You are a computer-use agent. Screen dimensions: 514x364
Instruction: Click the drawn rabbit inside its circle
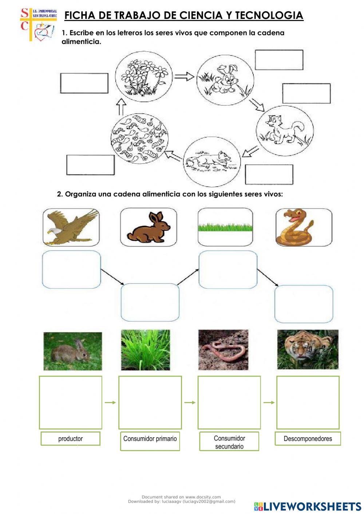[x=225, y=79]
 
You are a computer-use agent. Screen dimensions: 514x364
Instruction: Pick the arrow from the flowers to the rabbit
[x=184, y=76]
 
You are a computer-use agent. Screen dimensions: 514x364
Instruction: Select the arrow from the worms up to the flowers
[x=121, y=107]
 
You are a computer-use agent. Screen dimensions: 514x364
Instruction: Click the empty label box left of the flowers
[x=84, y=83]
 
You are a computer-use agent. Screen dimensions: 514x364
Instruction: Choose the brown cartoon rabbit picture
[x=149, y=227]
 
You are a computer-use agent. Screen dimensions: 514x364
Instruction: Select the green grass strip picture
[x=225, y=227]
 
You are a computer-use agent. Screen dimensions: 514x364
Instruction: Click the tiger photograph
[x=308, y=350]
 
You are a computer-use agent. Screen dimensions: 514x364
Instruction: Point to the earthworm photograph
[x=223, y=350]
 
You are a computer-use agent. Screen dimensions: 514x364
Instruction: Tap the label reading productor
[x=70, y=439]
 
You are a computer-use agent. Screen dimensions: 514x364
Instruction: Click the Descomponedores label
[x=308, y=439]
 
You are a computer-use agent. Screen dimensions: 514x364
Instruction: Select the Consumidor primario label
[x=150, y=439]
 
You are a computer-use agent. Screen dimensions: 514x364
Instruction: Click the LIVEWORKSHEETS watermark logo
[x=308, y=506]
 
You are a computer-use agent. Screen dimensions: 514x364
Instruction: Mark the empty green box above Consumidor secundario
[x=229, y=402]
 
